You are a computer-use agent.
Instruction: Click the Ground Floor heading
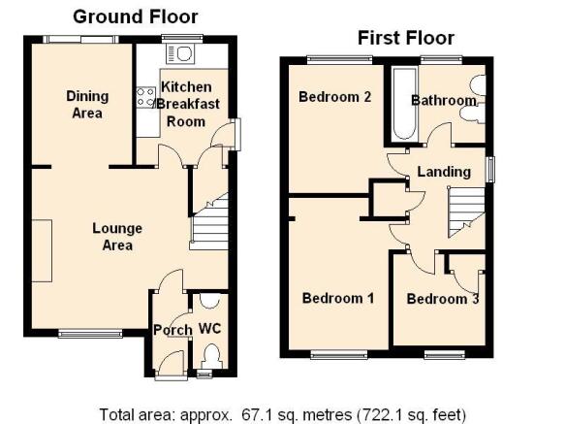[136, 16]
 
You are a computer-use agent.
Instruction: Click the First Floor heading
[406, 38]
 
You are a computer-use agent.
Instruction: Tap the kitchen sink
[180, 53]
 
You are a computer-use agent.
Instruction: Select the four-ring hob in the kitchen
[145, 97]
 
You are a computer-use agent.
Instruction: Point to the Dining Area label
[87, 105]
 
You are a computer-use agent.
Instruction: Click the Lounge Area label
[117, 237]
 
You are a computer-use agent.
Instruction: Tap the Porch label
[173, 330]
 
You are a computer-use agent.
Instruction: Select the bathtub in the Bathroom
[404, 104]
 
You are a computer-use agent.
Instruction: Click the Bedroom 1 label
[338, 298]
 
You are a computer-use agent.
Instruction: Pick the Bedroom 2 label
[334, 97]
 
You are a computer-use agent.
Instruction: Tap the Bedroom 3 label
[443, 299]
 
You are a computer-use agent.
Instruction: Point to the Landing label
[444, 172]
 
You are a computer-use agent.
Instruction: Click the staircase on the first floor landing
[466, 212]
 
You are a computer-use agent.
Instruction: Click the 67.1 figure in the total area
[254, 414]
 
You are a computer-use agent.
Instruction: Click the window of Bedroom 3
[445, 355]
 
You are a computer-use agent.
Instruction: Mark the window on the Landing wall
[490, 169]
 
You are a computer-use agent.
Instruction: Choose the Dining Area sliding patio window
[80, 40]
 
